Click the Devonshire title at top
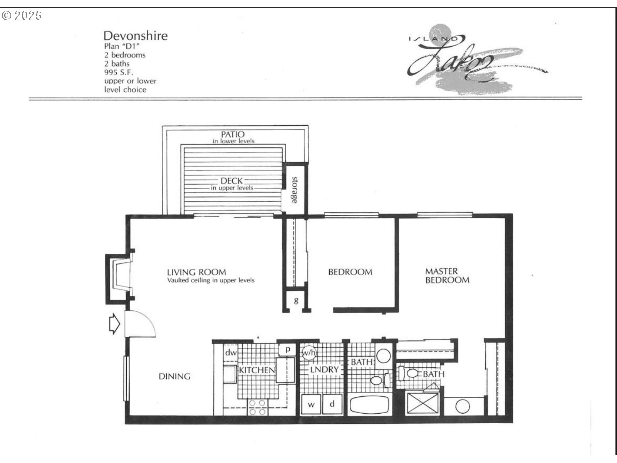point(136,36)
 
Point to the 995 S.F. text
point(119,72)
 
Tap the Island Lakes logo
point(475,59)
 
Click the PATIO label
point(233,134)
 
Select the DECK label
point(231,180)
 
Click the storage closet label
point(294,190)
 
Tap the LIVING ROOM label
point(196,272)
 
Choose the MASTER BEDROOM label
point(447,276)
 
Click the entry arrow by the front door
point(114,324)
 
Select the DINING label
point(174,376)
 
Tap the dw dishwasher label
point(231,352)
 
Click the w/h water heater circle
point(308,352)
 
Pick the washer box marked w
point(311,404)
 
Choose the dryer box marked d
point(332,404)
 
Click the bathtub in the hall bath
point(369,405)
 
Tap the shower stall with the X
point(423,403)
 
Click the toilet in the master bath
point(409,374)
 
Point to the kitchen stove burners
point(258,407)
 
